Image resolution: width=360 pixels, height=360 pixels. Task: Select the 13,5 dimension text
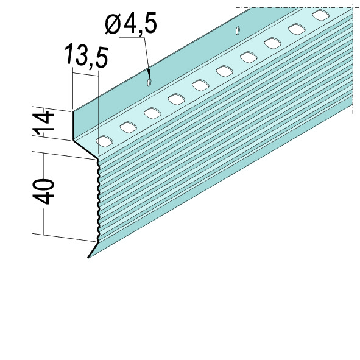click(86, 55)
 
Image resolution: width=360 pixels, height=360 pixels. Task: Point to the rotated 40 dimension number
click(44, 192)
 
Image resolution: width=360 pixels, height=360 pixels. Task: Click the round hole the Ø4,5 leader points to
click(149, 82)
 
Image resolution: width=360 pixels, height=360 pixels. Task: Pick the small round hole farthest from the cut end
click(238, 30)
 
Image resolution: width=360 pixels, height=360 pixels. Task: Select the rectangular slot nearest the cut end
click(104, 141)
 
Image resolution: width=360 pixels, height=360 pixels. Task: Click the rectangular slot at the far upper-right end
click(321, 15)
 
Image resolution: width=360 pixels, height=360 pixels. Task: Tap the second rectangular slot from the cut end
click(129, 127)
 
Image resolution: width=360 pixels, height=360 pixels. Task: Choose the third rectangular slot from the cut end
click(152, 113)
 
